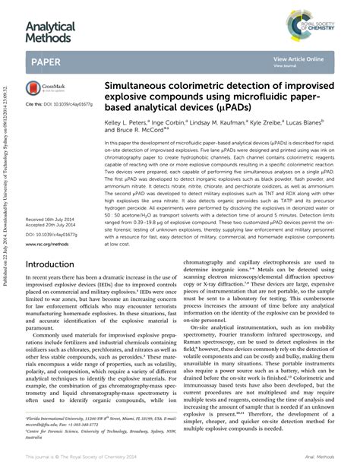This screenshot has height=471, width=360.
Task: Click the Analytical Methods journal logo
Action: (51, 32)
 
